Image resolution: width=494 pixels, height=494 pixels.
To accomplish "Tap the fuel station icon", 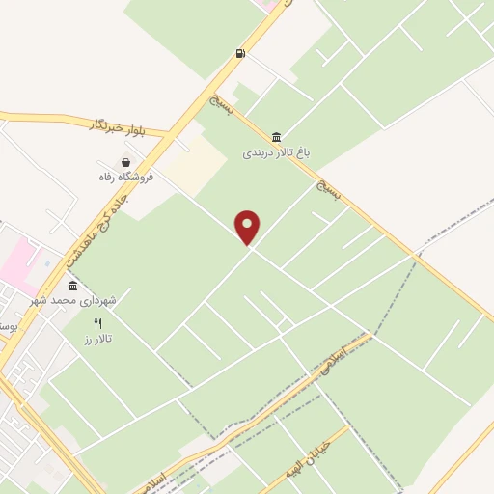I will tap(239, 53).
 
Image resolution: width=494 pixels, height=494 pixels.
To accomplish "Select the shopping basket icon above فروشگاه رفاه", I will tap(125, 163).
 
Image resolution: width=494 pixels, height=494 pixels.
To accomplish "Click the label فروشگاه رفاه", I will tap(120, 177).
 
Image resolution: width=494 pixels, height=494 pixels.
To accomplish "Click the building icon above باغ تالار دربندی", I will tap(278, 136).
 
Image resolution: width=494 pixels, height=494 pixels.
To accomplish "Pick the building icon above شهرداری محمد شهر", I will tap(72, 286).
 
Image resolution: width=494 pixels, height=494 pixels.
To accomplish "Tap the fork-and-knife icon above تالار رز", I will tap(96, 323).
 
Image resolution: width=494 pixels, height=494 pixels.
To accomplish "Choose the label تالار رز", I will tap(98, 338).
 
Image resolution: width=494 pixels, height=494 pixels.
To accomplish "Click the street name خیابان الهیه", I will tap(315, 454).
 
